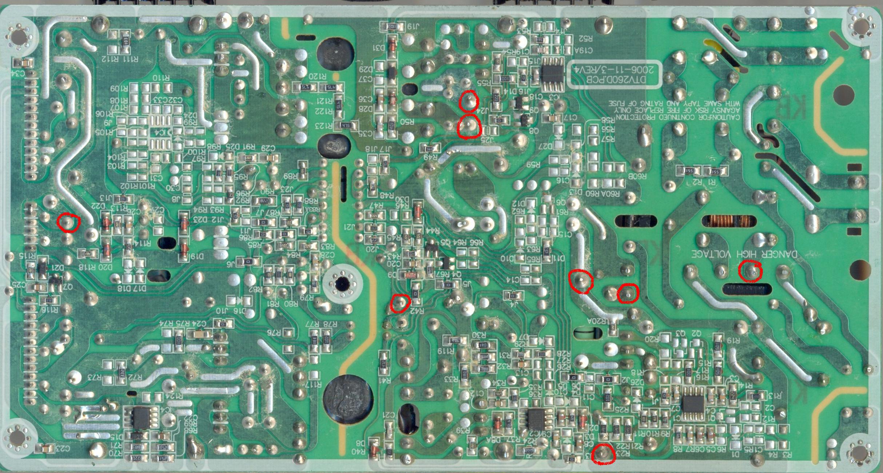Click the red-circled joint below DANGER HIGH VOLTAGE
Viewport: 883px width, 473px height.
coord(750,271)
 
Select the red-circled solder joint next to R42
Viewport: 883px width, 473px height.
coord(400,303)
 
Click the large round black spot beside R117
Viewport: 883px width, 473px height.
coord(348,399)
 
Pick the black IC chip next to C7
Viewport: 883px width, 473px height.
coord(693,403)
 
